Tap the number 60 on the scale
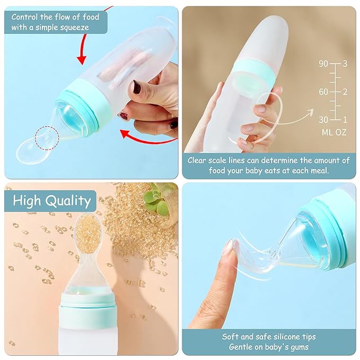click(323, 92)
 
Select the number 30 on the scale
click(323, 120)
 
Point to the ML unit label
click(327, 132)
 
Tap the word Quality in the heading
click(69, 200)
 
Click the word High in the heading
click(27, 200)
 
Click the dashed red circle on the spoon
click(47, 138)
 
